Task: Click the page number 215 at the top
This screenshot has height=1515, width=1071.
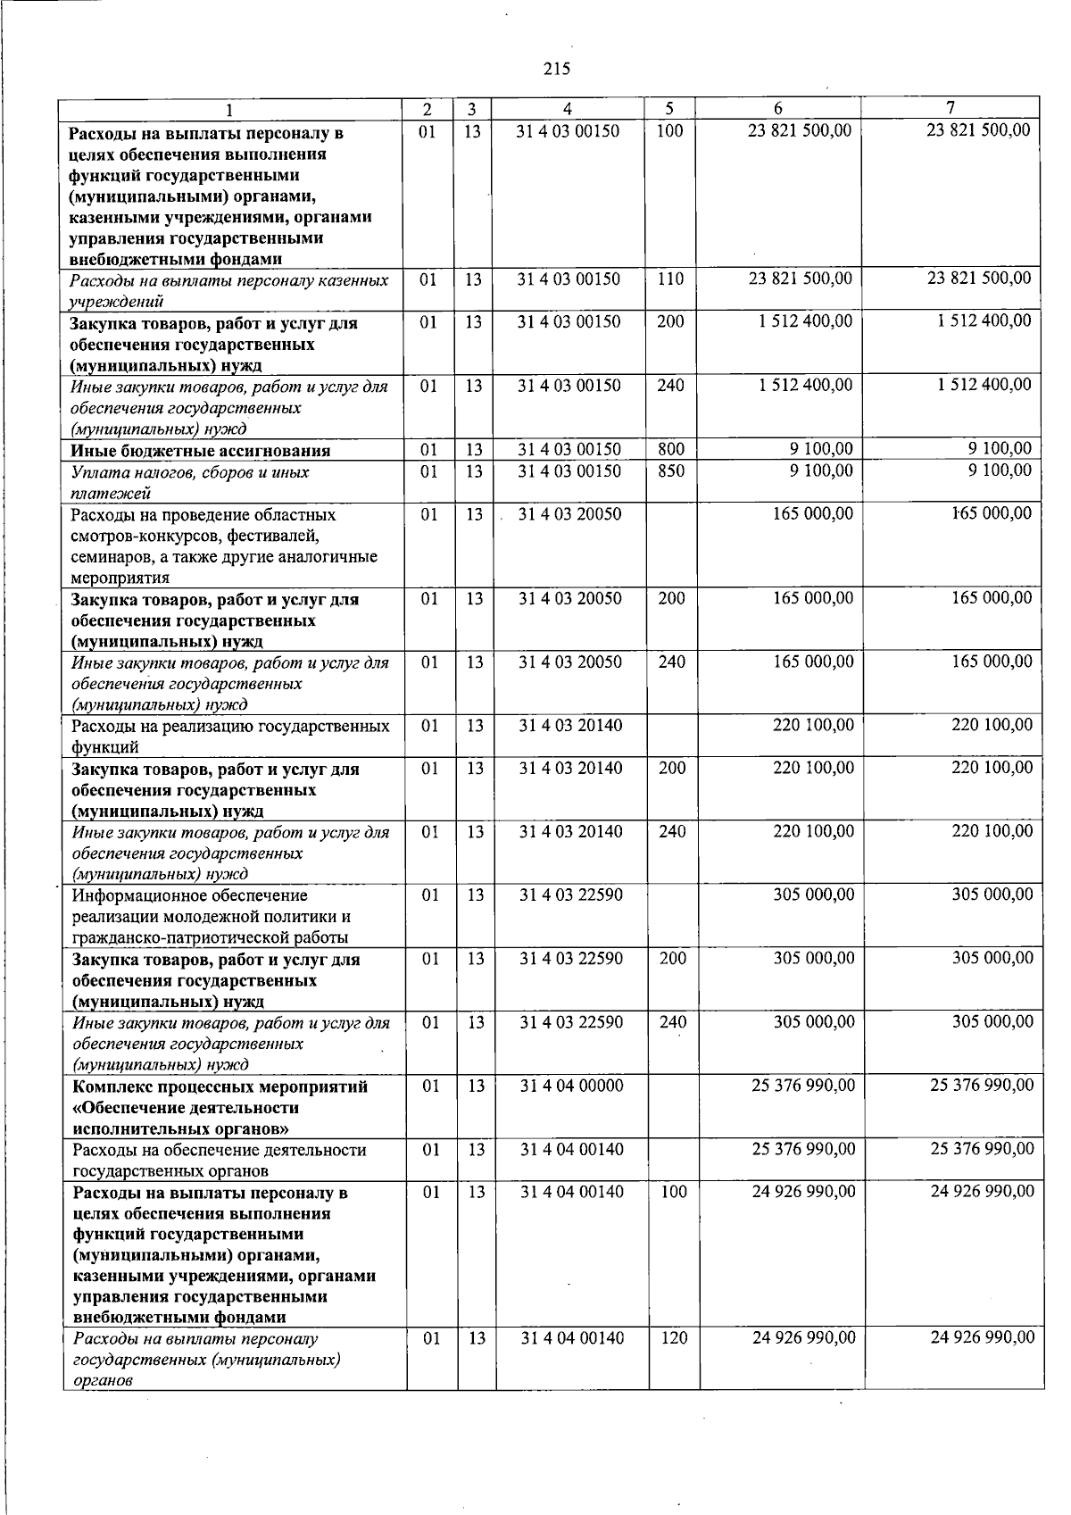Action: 556,69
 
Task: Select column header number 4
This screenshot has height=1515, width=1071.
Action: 568,109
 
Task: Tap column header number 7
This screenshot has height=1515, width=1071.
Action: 951,108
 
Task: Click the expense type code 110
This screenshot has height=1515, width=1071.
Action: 670,279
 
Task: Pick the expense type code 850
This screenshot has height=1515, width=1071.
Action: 671,470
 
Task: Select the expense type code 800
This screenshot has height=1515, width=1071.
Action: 671,449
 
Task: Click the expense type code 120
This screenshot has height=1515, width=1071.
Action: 674,1337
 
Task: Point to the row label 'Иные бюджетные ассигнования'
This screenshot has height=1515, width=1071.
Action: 201,451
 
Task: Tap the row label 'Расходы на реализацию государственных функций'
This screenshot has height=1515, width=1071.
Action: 231,737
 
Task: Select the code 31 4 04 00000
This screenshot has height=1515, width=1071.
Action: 572,1086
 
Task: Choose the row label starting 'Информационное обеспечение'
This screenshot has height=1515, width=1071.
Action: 211,916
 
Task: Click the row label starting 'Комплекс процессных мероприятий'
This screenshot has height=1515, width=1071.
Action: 220,1107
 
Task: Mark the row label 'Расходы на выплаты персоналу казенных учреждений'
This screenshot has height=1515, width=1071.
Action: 229,290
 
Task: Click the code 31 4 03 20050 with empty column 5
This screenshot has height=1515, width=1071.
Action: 570,513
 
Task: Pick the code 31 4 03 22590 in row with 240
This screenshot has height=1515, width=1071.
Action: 572,1022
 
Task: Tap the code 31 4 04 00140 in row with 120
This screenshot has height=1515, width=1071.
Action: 572,1337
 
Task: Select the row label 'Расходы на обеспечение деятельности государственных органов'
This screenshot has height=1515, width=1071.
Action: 219,1160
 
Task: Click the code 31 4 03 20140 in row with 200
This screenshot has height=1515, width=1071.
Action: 571,768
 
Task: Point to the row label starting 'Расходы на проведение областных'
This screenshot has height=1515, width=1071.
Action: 224,545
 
